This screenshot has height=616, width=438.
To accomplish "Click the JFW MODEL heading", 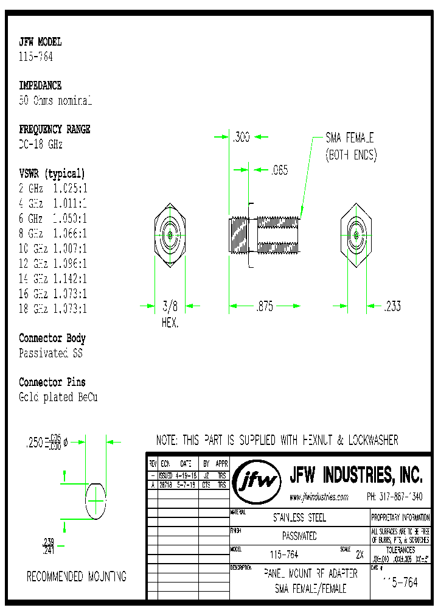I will pos(40,42).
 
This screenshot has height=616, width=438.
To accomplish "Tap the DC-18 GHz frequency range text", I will pos(41,144).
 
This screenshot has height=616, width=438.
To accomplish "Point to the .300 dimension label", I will pos(241,138).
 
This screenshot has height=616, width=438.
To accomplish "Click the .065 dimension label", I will pos(279,170).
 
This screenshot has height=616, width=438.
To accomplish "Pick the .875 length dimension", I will pos(265,307).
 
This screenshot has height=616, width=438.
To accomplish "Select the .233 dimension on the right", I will pos(392,306).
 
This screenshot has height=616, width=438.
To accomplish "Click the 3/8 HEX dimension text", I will pos(170,313).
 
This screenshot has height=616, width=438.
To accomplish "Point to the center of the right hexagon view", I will pos(355,234).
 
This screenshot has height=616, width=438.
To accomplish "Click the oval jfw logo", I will pos(257,481).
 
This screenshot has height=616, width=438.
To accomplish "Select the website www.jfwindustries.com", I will pos(319,497).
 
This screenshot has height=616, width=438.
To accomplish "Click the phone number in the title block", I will pos(395,497).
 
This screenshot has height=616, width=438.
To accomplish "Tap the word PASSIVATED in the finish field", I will pos(299,536).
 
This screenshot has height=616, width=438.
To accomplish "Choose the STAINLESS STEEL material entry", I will pos(299,518).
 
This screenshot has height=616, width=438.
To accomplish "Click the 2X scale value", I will pos(359,555).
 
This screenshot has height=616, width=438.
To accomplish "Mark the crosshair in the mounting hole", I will pos(96,500).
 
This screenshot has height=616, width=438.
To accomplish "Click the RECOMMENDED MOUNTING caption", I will pos(77,576).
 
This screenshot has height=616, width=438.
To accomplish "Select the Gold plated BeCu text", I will pos(58,397).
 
